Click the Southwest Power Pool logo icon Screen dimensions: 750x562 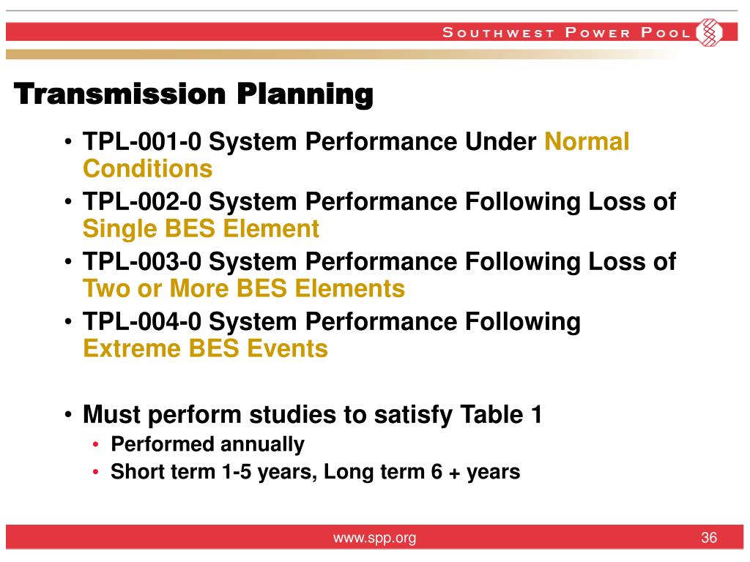709,32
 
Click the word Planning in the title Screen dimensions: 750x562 305,94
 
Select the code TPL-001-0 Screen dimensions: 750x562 142,141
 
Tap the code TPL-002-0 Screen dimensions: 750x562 142,201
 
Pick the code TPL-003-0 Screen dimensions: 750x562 142,261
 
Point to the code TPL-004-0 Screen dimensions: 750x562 142,321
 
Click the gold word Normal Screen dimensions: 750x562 587,141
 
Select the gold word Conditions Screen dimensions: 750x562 148,169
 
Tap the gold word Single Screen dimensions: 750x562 120,229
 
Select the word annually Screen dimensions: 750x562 263,445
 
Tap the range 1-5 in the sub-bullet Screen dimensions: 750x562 237,472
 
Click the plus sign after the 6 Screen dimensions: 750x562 454,473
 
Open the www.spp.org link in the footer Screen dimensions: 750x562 374,538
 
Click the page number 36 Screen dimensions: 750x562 709,538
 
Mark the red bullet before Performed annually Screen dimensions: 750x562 96,445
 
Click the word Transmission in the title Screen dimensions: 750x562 119,94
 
